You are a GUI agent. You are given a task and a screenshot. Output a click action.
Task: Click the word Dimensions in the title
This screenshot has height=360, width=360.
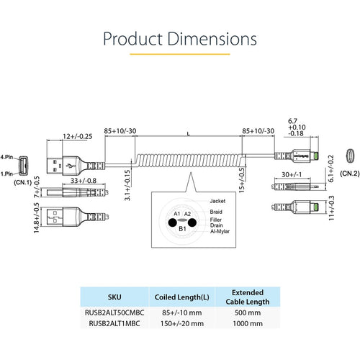click(x=212, y=39)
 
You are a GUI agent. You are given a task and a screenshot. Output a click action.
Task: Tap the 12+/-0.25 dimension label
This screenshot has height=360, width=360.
click(x=78, y=136)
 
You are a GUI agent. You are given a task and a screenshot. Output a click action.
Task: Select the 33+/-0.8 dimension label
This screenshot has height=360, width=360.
click(x=84, y=181)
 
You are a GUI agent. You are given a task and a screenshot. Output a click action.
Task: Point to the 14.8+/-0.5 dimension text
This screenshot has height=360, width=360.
click(x=36, y=217)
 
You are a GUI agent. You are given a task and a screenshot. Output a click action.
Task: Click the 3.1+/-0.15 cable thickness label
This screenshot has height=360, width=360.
click(x=127, y=185)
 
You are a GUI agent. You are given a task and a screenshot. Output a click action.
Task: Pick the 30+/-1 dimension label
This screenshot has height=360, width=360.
click(x=292, y=174)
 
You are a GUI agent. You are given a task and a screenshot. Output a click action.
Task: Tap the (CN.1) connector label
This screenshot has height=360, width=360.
click(x=23, y=182)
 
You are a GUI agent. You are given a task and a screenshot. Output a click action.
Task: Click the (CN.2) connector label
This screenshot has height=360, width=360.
click(x=350, y=174)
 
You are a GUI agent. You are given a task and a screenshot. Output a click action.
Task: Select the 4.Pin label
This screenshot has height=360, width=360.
click(x=6, y=157)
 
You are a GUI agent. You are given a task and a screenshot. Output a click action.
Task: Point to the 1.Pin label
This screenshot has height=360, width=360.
click(x=6, y=174)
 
